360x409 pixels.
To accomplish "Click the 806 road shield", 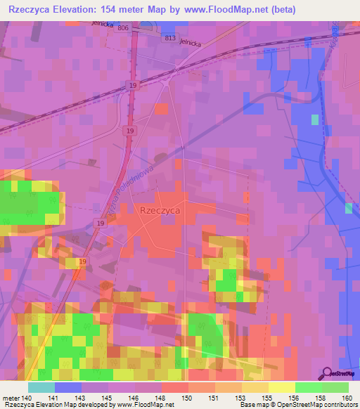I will click(x=124, y=27).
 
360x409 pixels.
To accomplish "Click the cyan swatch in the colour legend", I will click(x=41, y=387).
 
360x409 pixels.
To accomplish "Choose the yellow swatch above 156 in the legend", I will click(x=281, y=387).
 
